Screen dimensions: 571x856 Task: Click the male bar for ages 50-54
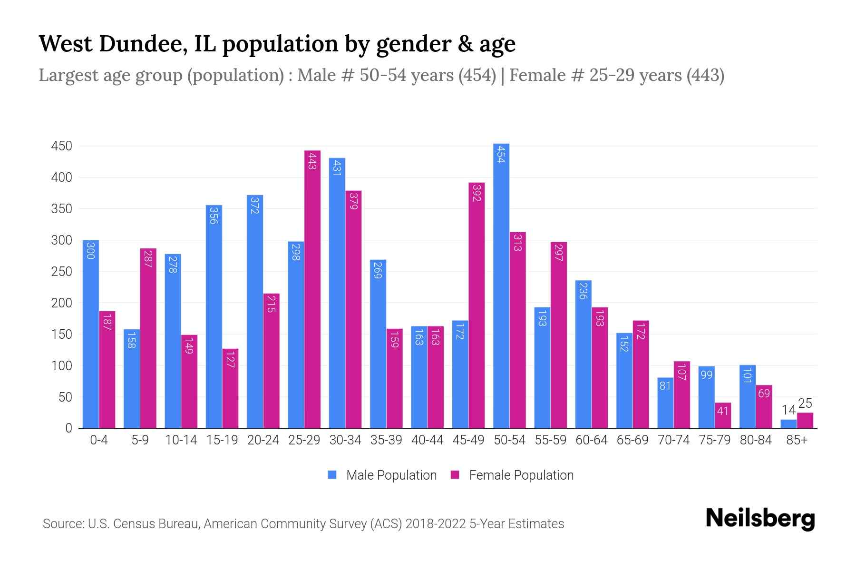(501, 285)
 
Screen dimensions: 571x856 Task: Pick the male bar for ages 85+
(788, 424)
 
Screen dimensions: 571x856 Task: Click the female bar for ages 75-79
(723, 415)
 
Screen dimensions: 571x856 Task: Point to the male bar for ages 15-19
(214, 316)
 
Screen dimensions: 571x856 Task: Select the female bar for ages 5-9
(148, 338)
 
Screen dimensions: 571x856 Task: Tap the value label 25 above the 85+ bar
(805, 404)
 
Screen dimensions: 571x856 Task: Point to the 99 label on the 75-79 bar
(706, 375)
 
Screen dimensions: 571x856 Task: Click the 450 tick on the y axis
(61, 146)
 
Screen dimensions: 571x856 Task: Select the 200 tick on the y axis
(61, 303)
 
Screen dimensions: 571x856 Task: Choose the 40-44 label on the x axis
(427, 440)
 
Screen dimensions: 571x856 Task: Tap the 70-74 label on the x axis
(673, 440)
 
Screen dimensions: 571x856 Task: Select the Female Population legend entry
(512, 475)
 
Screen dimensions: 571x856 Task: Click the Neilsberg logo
(760, 519)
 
